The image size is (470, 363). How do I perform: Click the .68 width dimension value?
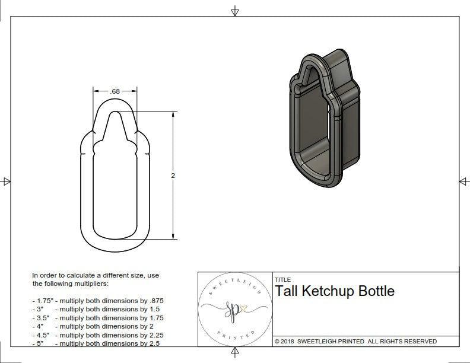[x=115, y=91]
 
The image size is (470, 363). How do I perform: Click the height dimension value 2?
[x=173, y=176]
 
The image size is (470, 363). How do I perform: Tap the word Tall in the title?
[x=287, y=291]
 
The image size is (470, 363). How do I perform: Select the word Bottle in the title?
[x=376, y=291]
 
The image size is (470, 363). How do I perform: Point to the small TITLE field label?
[x=283, y=279]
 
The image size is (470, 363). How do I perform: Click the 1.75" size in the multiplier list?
[x=44, y=301]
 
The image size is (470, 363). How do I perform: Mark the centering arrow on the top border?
[x=235, y=11]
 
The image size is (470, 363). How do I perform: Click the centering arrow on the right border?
[x=463, y=181]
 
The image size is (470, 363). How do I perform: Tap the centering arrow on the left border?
[x=7, y=181]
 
